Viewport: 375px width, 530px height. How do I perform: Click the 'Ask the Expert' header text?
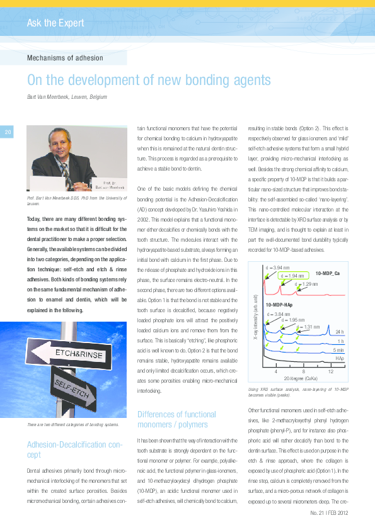(55, 23)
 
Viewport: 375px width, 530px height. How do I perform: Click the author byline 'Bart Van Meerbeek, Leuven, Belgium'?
(67, 97)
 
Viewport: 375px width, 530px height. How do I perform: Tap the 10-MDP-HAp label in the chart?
(279, 305)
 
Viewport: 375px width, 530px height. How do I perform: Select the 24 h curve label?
(339, 331)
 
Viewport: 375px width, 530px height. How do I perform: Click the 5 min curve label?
(338, 349)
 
